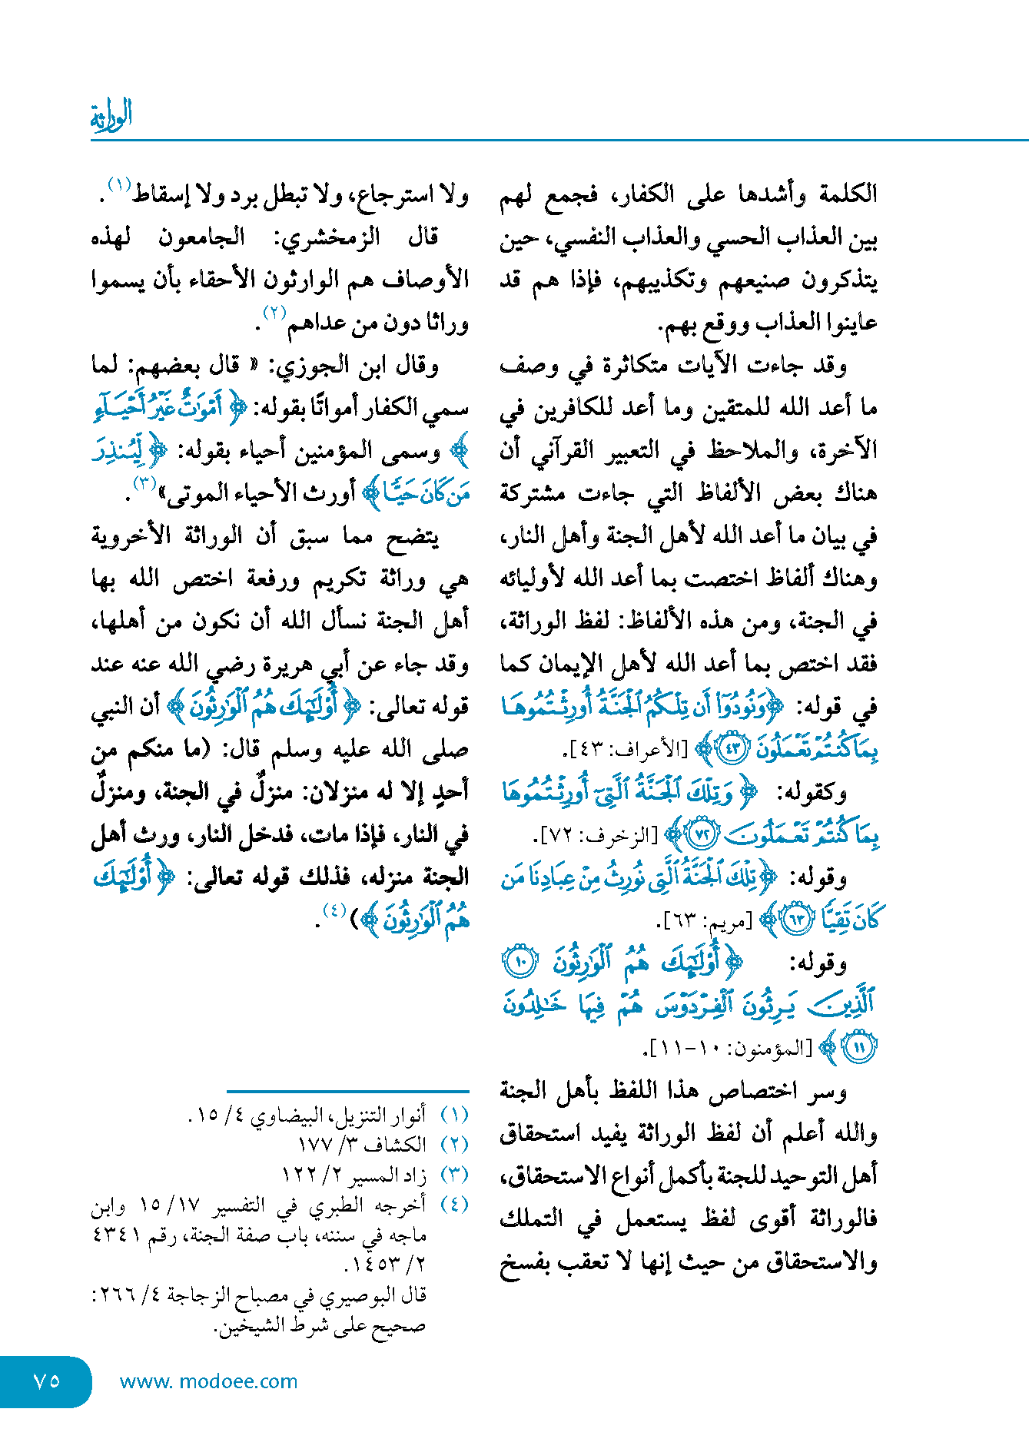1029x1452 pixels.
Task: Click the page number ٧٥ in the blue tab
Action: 47,1381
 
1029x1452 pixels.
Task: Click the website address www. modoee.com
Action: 208,1381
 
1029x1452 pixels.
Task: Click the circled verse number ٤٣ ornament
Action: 732,748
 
